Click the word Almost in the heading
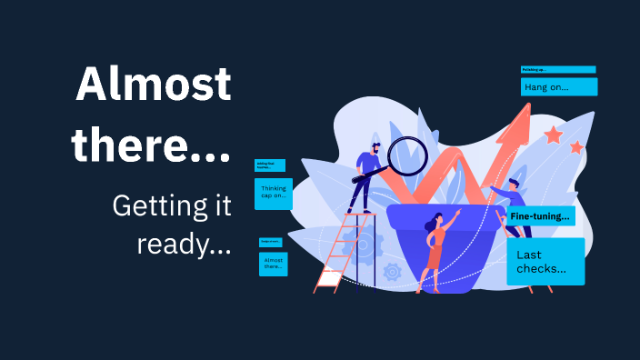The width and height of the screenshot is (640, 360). [x=153, y=85]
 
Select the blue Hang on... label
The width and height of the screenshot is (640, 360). [x=558, y=87]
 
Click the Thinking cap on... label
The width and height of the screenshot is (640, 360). [x=273, y=193]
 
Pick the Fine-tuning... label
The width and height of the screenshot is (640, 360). [x=541, y=216]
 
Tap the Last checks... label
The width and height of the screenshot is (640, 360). [x=545, y=262]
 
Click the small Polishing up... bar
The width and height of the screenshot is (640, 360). [x=557, y=69]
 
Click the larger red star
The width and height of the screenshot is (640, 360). [x=553, y=135]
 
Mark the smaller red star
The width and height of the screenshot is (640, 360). [x=575, y=147]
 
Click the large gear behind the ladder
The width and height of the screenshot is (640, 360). [x=361, y=244]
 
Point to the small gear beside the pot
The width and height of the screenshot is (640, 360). [x=393, y=271]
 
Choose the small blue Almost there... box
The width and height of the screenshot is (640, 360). [x=273, y=264]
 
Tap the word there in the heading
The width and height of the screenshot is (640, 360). [x=150, y=144]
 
